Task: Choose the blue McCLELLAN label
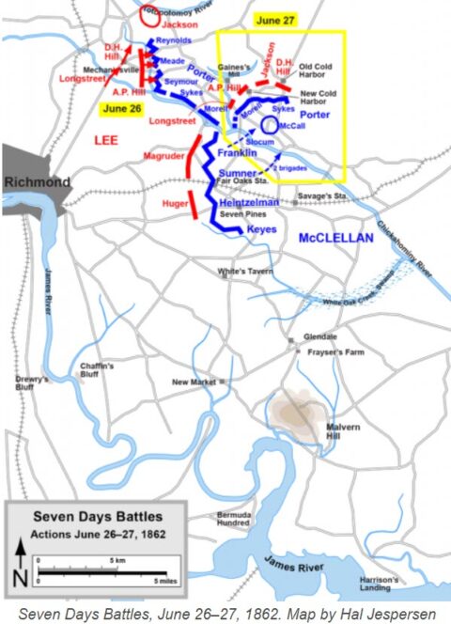click(335, 239)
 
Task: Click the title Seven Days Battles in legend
click(97, 517)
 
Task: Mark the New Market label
click(193, 382)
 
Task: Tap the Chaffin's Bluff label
click(98, 369)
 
